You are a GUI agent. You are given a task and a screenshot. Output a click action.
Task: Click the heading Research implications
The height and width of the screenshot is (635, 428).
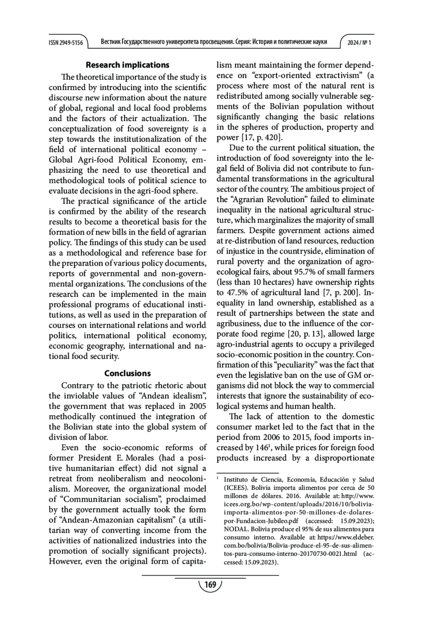pyautogui.click(x=127, y=65)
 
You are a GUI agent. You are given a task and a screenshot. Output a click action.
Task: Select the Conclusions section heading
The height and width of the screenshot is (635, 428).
pyautogui.click(x=127, y=373)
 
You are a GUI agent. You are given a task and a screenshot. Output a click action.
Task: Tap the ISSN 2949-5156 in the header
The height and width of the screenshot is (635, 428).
pyautogui.click(x=66, y=43)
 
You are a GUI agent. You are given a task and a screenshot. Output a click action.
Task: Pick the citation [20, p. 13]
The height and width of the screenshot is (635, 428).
pyautogui.click(x=306, y=334)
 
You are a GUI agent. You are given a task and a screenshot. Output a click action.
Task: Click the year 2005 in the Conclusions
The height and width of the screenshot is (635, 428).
pyautogui.click(x=198, y=406)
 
